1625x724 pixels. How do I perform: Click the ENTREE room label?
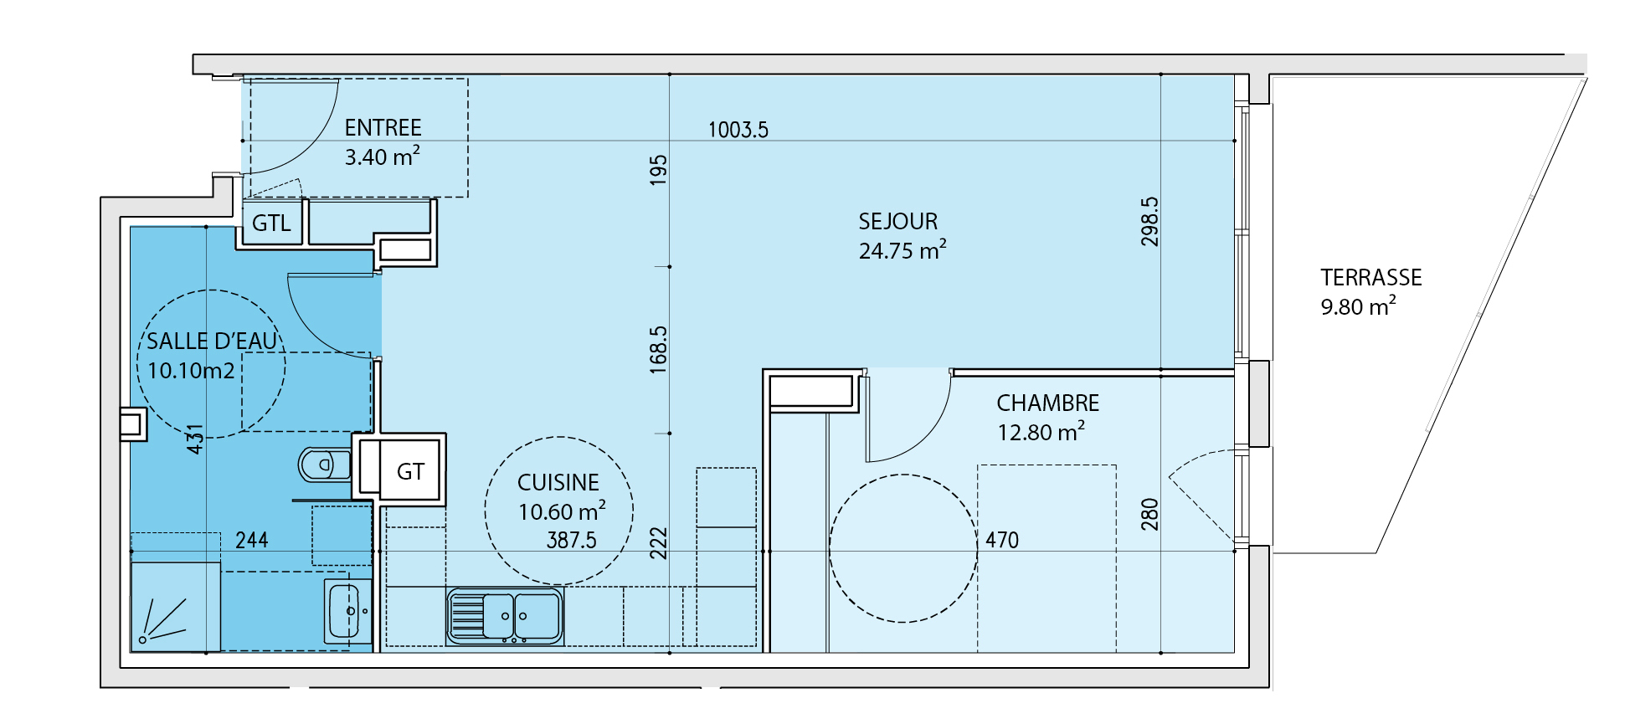coord(383,127)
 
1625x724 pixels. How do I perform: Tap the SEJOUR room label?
coord(898,221)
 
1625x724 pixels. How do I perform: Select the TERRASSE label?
coord(1371,277)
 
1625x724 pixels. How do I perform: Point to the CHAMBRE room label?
coord(1047,403)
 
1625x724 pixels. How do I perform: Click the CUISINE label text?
coord(558,482)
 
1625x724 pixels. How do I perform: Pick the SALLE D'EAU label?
coord(212,341)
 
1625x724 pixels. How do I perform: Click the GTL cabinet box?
coord(271,223)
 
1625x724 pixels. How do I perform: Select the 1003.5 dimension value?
coord(738,130)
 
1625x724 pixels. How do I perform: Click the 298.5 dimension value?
coord(1150,221)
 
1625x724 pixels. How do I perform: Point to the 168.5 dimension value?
coord(659,349)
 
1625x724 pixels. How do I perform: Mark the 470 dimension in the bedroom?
coord(1002,540)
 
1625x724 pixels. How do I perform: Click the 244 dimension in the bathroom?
coord(252,540)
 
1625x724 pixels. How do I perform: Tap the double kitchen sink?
coord(505,616)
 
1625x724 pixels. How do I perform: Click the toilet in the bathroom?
coord(324,465)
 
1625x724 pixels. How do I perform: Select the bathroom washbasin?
coord(348,611)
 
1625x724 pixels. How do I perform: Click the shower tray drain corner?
coord(143,640)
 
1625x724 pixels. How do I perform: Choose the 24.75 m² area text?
coord(902,250)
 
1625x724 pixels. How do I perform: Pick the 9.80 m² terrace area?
coord(1358,306)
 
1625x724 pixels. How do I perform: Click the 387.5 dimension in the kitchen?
coord(572,540)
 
